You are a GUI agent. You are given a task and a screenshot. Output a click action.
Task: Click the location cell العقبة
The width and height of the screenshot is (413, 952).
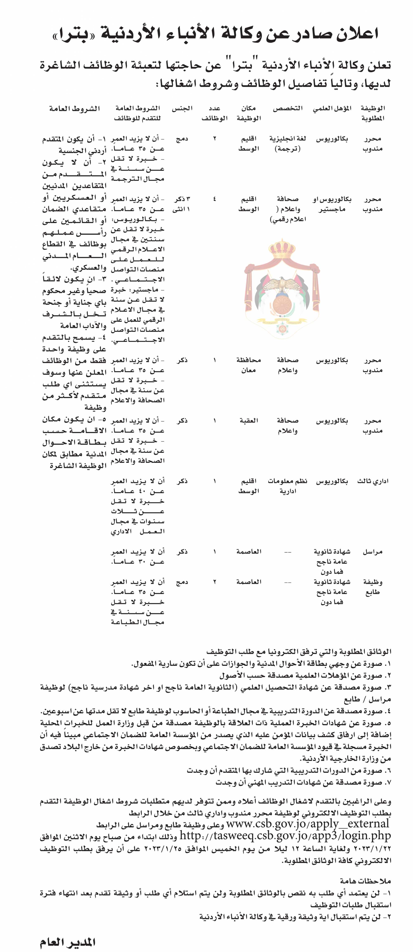[249, 421]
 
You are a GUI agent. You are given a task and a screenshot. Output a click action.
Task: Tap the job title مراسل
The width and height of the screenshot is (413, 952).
[372, 552]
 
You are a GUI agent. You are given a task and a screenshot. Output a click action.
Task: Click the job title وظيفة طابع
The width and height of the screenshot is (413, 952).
[372, 587]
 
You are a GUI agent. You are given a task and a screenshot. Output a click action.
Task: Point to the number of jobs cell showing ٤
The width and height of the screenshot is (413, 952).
[215, 199]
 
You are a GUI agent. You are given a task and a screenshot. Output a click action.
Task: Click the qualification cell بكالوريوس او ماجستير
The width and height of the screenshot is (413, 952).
[332, 204]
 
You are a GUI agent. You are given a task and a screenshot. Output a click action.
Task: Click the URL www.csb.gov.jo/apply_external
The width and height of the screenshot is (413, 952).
[308, 823]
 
